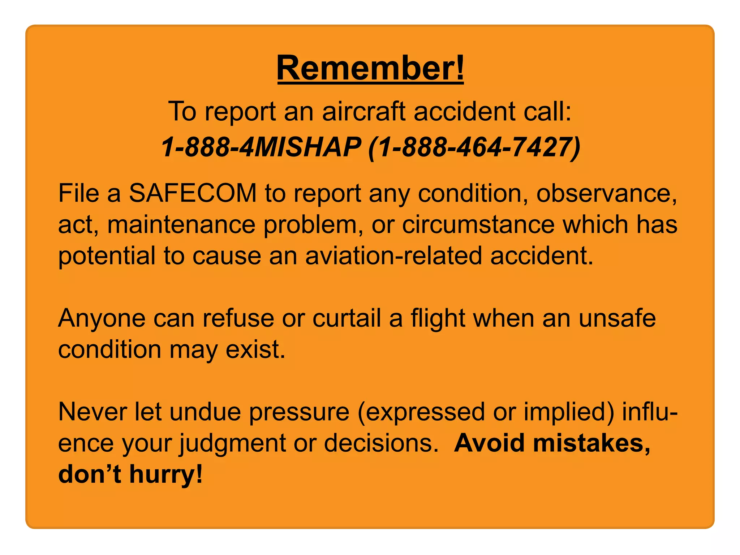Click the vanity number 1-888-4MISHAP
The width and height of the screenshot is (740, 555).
(261, 147)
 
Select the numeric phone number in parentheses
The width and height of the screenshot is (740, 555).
(474, 147)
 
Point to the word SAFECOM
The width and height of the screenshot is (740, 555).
(193, 193)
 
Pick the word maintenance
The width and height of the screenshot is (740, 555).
(181, 224)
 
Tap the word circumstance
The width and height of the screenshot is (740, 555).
(478, 224)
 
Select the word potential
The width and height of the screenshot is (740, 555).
(107, 256)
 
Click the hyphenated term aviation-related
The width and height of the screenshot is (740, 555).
(393, 256)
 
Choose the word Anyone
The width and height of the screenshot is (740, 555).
(102, 318)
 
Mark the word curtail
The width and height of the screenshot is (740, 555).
(347, 318)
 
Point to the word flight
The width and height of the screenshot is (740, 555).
(438, 319)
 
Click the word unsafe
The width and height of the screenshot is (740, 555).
(617, 318)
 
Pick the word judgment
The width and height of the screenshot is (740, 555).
(233, 443)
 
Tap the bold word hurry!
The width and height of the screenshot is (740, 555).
(166, 474)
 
